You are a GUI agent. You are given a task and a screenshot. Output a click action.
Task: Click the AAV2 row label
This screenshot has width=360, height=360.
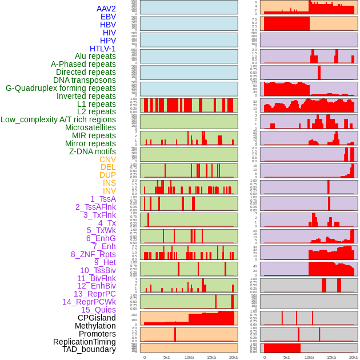(x=106, y=9)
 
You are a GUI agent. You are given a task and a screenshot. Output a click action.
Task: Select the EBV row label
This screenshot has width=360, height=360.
(x=108, y=17)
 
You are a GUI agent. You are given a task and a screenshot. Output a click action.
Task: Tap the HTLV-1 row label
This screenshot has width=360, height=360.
(x=103, y=49)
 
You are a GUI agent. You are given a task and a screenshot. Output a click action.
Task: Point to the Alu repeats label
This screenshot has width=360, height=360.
(x=95, y=56)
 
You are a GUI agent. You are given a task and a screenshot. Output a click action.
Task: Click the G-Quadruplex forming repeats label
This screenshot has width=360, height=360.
(x=61, y=88)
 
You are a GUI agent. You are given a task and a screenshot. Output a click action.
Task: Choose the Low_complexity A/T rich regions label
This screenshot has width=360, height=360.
(x=58, y=119)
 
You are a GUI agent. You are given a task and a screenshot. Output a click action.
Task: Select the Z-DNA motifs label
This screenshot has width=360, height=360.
(x=93, y=151)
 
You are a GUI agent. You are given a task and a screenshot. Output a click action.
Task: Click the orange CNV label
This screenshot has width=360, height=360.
(x=107, y=159)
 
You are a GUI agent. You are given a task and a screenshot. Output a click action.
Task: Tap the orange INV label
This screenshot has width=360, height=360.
(x=109, y=191)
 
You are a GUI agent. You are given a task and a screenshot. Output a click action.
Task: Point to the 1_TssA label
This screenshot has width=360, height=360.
(x=103, y=199)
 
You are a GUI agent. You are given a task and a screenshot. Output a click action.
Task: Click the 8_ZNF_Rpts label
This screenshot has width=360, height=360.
(x=93, y=254)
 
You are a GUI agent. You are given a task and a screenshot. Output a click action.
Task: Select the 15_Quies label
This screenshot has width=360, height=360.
(x=98, y=310)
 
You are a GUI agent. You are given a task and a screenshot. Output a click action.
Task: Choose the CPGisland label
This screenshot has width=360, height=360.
(x=97, y=318)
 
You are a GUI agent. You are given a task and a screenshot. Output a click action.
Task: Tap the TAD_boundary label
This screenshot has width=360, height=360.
(x=89, y=349)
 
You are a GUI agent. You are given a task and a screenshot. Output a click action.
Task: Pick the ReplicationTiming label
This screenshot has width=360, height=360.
(x=85, y=342)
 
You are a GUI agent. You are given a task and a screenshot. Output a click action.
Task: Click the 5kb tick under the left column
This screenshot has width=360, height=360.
(x=166, y=357)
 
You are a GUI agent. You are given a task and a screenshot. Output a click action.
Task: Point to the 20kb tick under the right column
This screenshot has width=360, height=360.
(x=353, y=357)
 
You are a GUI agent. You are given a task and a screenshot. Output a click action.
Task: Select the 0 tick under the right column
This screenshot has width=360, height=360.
(x=264, y=357)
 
